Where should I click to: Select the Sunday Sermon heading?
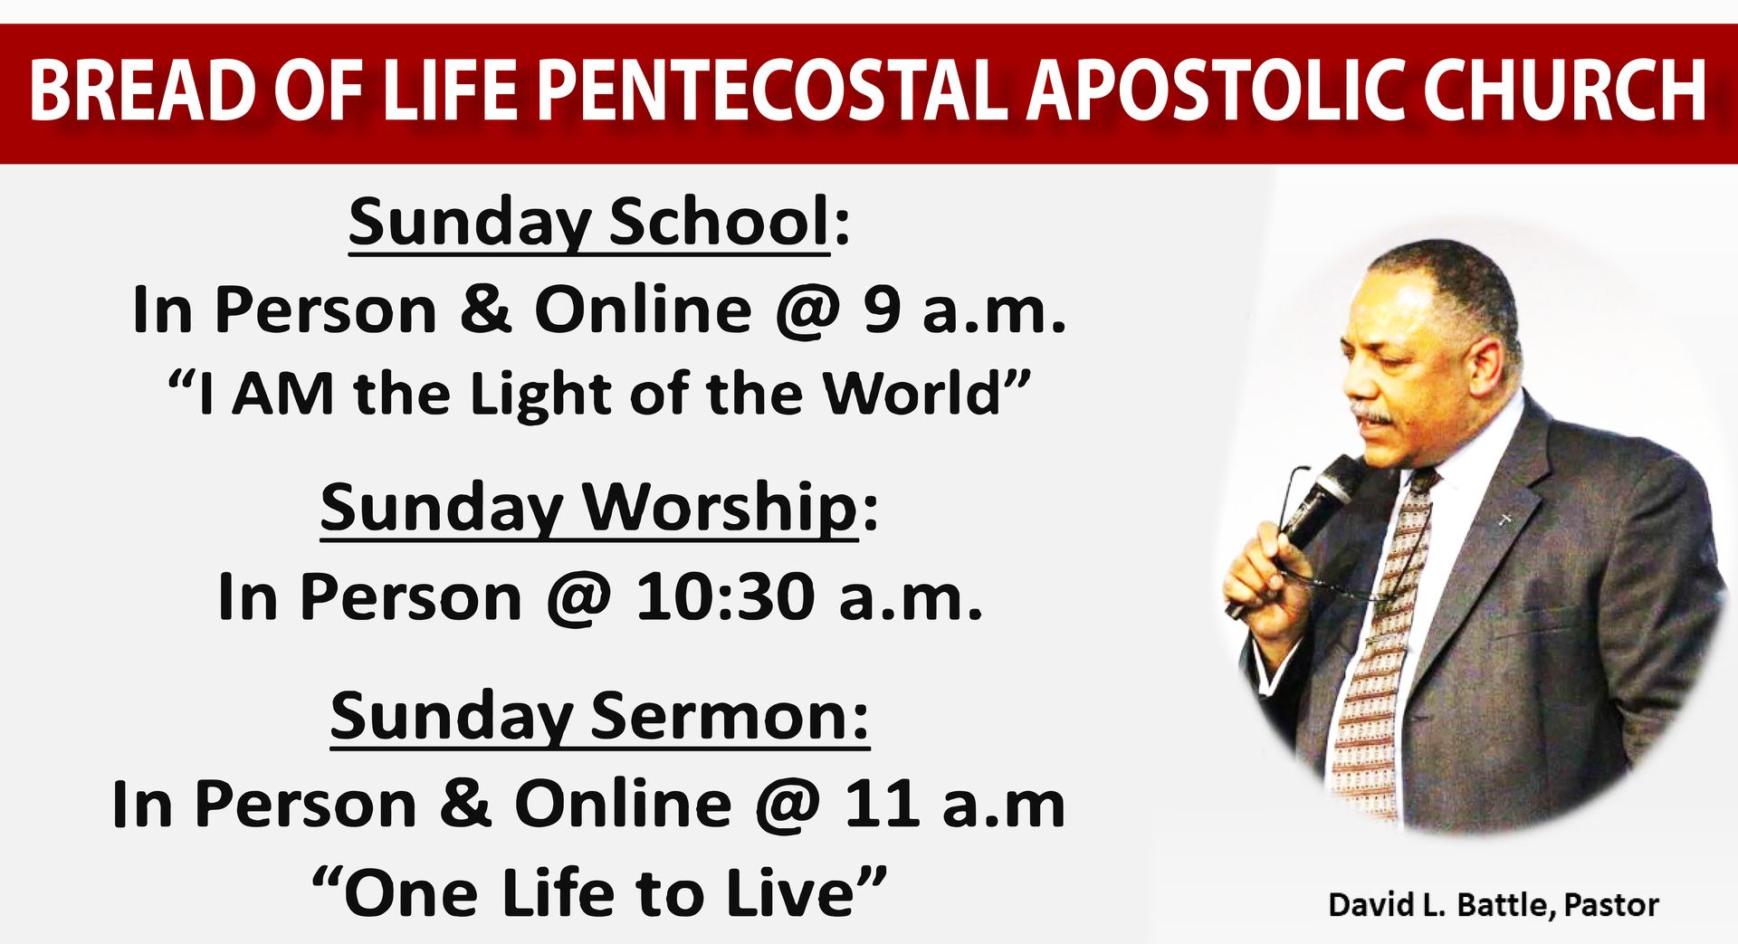click(599, 716)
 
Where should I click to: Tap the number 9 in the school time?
click(882, 310)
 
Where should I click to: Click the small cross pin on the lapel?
click(1505, 520)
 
